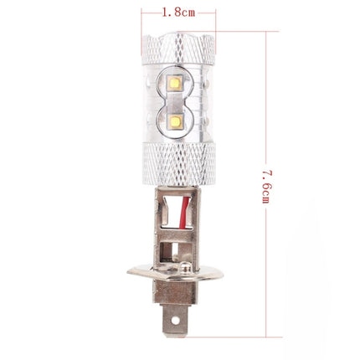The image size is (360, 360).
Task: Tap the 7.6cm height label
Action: click(x=266, y=186)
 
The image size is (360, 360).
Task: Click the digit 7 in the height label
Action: click(x=266, y=171)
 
